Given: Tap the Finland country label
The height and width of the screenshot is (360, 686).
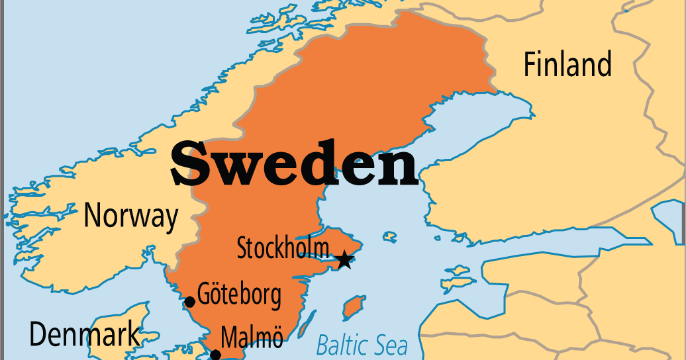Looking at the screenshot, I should coord(567,65).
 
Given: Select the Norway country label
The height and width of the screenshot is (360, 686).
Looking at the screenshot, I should coord(131,216).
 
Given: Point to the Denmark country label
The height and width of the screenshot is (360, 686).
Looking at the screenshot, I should coord(85,335).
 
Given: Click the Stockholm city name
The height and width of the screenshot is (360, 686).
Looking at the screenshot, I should coord(283,249).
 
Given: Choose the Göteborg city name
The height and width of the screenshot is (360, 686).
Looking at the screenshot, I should coord(239,294).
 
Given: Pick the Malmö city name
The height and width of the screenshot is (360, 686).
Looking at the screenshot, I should coord(252,338).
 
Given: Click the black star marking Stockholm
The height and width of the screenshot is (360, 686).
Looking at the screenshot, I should coord(344,260).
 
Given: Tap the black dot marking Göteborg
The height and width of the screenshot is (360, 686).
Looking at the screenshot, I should coord(189,302).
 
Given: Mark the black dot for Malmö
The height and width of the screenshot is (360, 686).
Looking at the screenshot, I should coord(215,355).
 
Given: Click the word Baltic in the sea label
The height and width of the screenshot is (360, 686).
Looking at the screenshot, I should coord(340,345).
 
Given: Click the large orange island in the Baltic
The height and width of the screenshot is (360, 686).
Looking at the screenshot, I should coord(354,307).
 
